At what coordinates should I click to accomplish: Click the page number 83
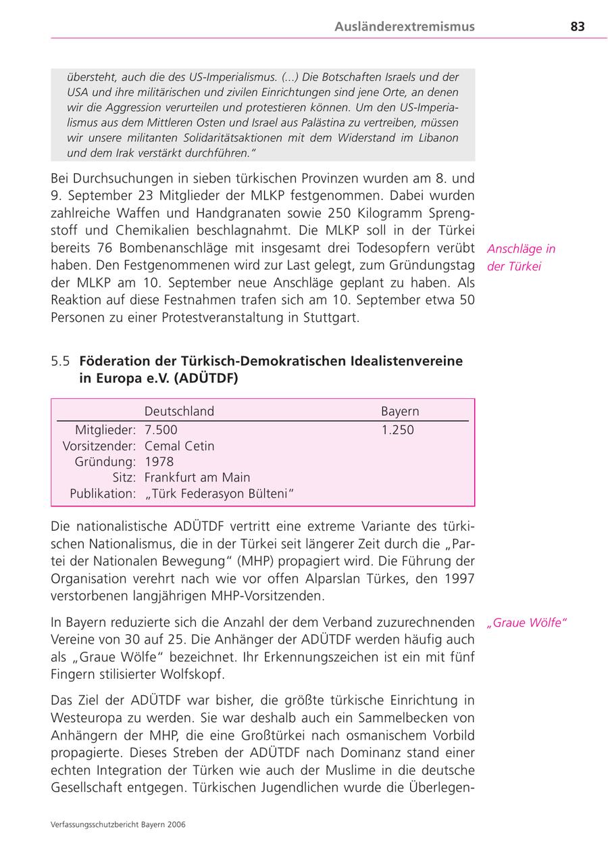point(577,27)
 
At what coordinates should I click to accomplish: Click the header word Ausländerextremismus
point(404,27)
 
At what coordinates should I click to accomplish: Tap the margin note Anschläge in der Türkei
point(521,258)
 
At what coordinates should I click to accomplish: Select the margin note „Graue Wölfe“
point(526,623)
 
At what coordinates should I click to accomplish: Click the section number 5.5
point(60,361)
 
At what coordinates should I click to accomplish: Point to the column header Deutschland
point(179,411)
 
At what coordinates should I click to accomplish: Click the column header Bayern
point(400,411)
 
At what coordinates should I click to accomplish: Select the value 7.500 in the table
point(161,430)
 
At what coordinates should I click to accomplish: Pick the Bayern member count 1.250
point(397,430)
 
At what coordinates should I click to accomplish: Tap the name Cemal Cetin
point(179,446)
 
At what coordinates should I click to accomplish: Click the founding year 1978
point(159,462)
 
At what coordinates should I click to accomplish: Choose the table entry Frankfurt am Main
point(197,478)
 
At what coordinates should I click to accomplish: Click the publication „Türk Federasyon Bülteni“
point(220,494)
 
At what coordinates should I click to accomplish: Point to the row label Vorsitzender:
point(99,446)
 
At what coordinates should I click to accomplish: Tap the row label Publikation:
point(103,494)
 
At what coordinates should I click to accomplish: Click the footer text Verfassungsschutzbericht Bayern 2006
point(118,824)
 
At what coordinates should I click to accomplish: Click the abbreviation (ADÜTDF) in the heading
point(206,379)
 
